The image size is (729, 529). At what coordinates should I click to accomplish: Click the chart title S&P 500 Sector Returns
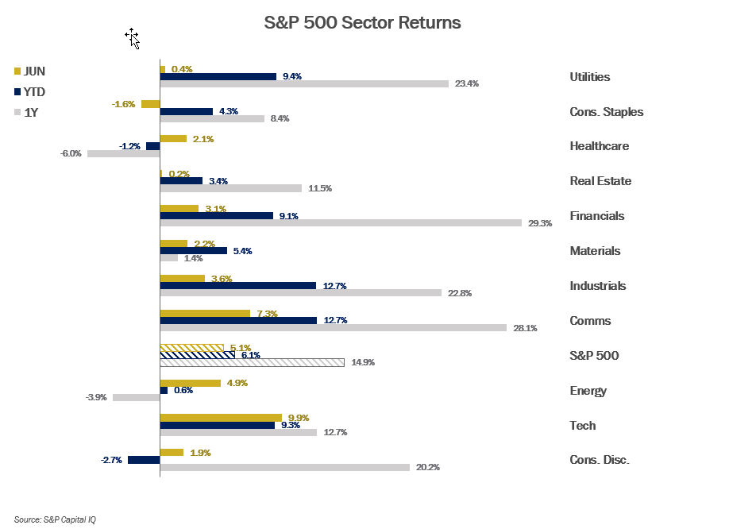362,23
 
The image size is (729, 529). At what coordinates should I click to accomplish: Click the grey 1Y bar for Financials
341,223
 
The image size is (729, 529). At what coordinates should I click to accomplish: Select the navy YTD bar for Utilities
218,76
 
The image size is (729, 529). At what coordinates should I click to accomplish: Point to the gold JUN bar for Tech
221,417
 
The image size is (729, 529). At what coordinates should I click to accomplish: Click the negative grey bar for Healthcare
123,153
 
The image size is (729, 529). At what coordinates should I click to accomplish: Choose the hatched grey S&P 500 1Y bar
252,362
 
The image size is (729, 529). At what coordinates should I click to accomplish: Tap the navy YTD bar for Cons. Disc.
144,460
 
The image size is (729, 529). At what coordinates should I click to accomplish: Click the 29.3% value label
540,223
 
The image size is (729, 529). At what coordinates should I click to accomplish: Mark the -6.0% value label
71,153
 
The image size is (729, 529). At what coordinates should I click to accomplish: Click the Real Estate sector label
600,181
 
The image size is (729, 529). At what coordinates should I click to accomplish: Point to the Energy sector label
588,391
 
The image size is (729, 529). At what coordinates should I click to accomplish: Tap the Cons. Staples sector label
606,112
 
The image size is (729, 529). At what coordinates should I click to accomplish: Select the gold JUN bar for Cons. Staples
150,104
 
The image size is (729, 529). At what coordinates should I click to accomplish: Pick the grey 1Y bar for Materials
169,258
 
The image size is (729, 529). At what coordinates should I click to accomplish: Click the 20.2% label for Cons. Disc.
427,467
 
